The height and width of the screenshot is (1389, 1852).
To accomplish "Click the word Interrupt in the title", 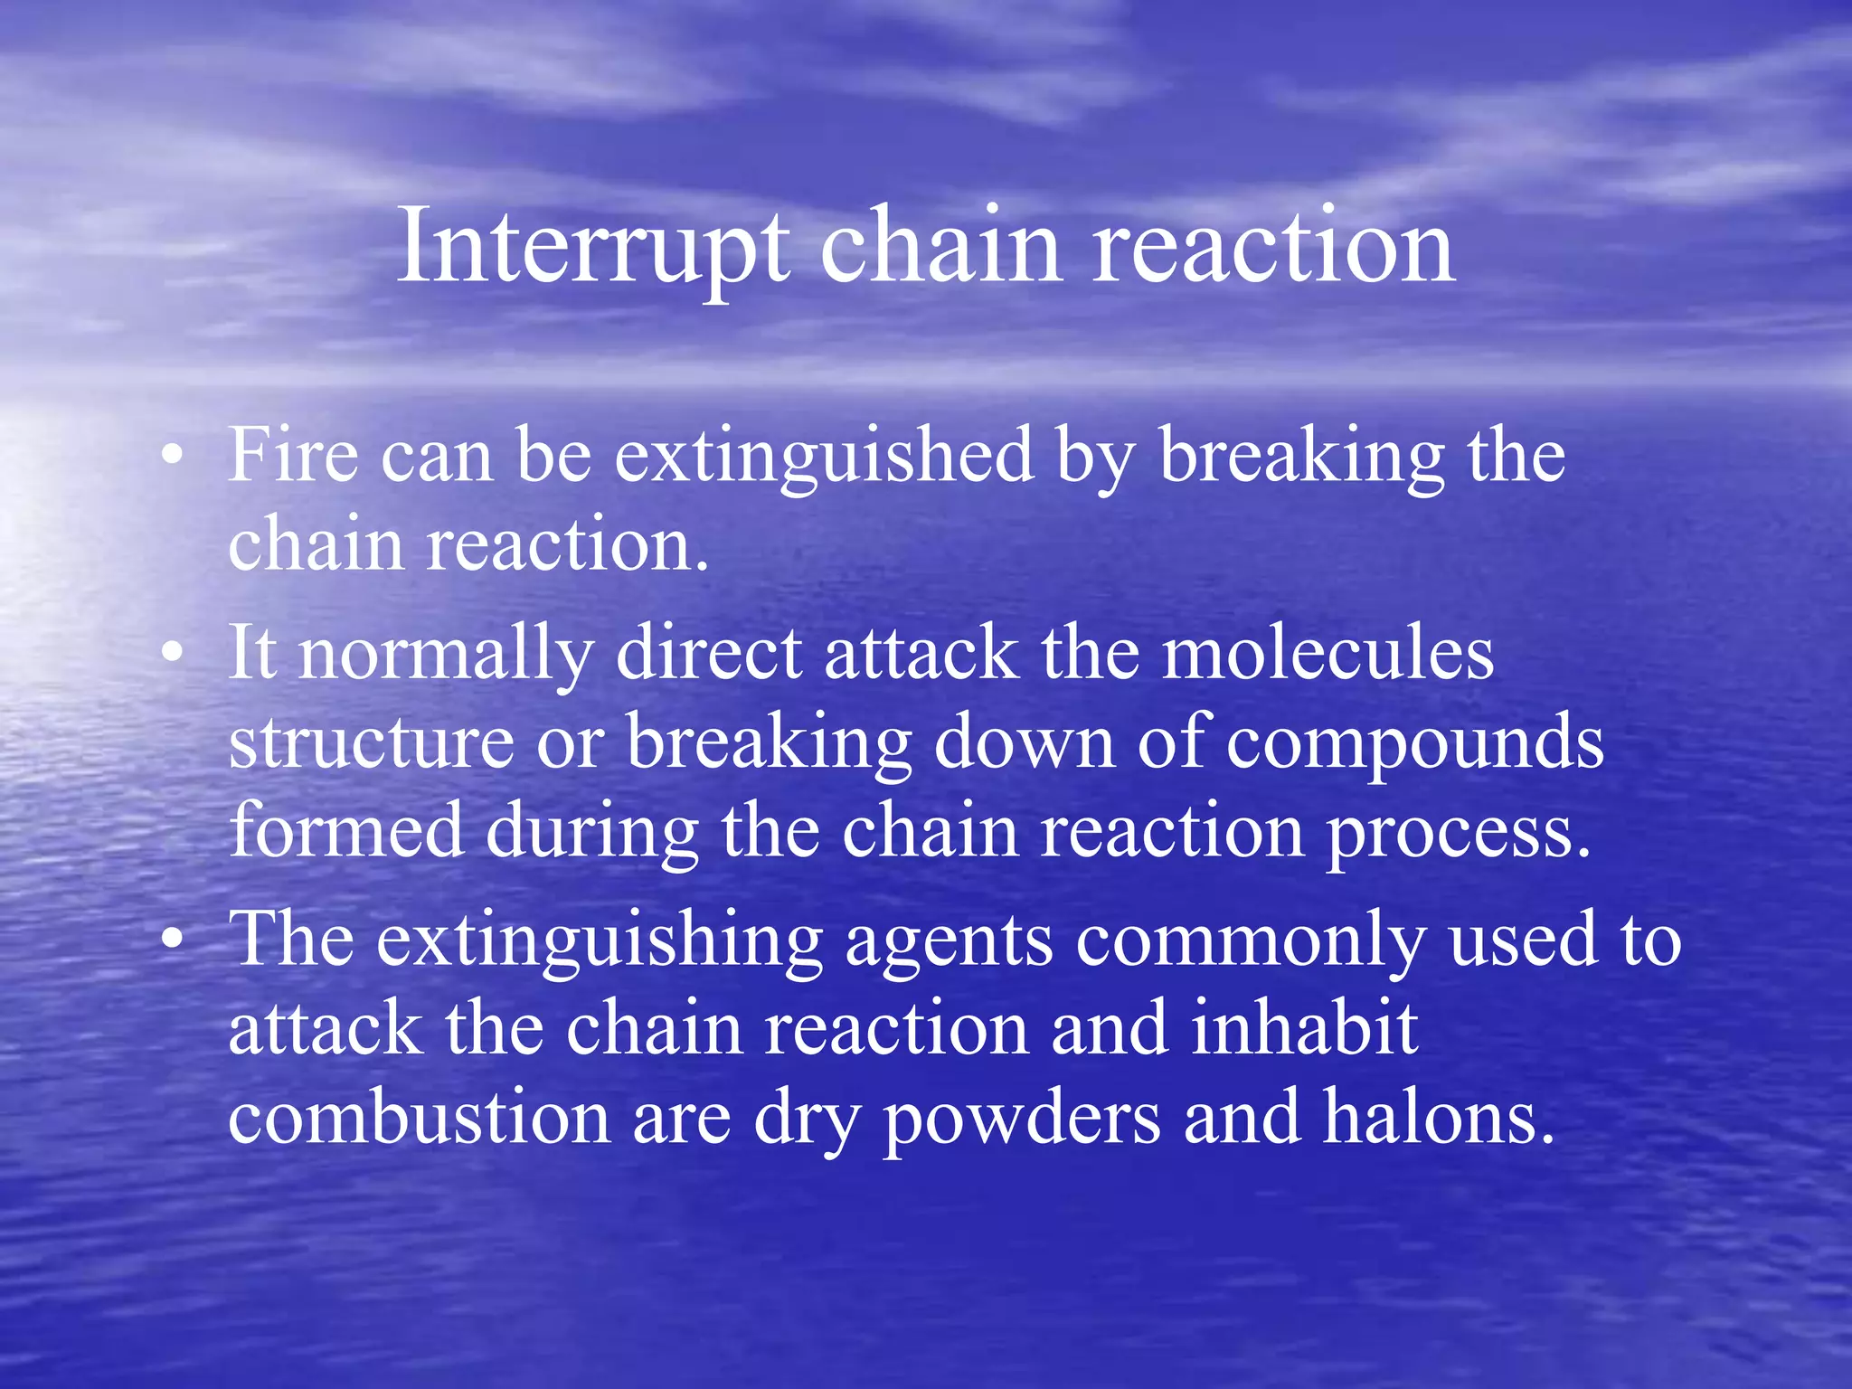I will pos(592,246).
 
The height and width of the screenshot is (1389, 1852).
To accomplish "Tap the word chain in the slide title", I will pos(940,246).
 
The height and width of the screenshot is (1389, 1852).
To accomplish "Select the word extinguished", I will pos(824,457).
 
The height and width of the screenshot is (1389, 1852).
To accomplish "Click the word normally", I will pos(446,654).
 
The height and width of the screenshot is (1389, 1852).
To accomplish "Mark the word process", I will pos(1457,833).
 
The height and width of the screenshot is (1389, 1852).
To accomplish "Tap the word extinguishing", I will pos(599,941).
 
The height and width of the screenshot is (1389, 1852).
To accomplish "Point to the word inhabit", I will pos(1305,1028).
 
